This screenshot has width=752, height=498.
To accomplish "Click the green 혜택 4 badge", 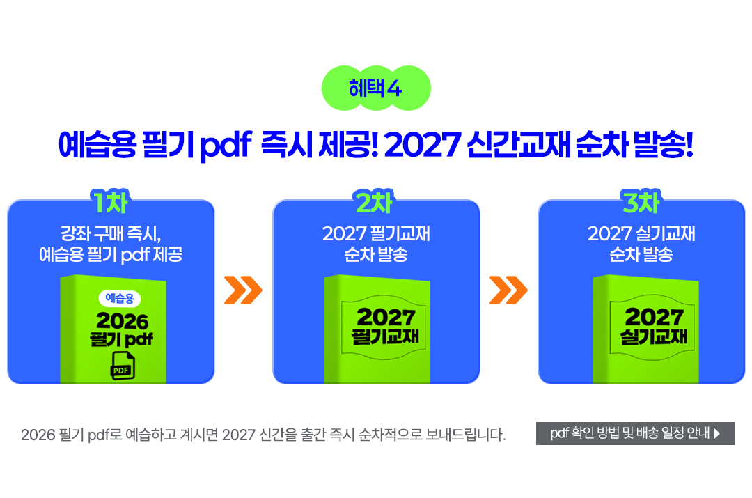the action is (376, 88).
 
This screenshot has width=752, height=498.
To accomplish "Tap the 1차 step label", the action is (110, 202).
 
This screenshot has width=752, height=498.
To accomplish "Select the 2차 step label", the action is (375, 202).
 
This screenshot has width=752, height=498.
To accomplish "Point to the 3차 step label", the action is (641, 202).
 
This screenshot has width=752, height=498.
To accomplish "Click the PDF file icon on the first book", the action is (123, 366).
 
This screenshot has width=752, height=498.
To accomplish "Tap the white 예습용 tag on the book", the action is (120, 298).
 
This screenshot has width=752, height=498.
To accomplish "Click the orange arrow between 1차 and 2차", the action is (243, 290).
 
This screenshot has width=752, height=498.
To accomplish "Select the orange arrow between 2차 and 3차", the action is (508, 290).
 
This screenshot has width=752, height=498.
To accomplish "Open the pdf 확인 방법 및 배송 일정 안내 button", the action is (636, 433).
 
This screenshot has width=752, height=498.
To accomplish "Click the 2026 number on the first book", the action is (123, 321).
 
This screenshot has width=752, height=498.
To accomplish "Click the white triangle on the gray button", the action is (717, 434).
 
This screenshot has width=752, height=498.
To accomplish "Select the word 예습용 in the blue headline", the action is (97, 144).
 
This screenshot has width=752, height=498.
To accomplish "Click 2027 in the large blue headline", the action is (423, 144).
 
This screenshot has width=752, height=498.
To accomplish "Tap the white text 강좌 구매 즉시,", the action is (110, 233).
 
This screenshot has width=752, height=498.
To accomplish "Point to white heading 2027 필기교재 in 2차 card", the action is (376, 233).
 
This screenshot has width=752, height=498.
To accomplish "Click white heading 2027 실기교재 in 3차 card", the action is (641, 233).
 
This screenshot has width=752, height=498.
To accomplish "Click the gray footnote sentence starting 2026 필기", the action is (263, 435).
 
